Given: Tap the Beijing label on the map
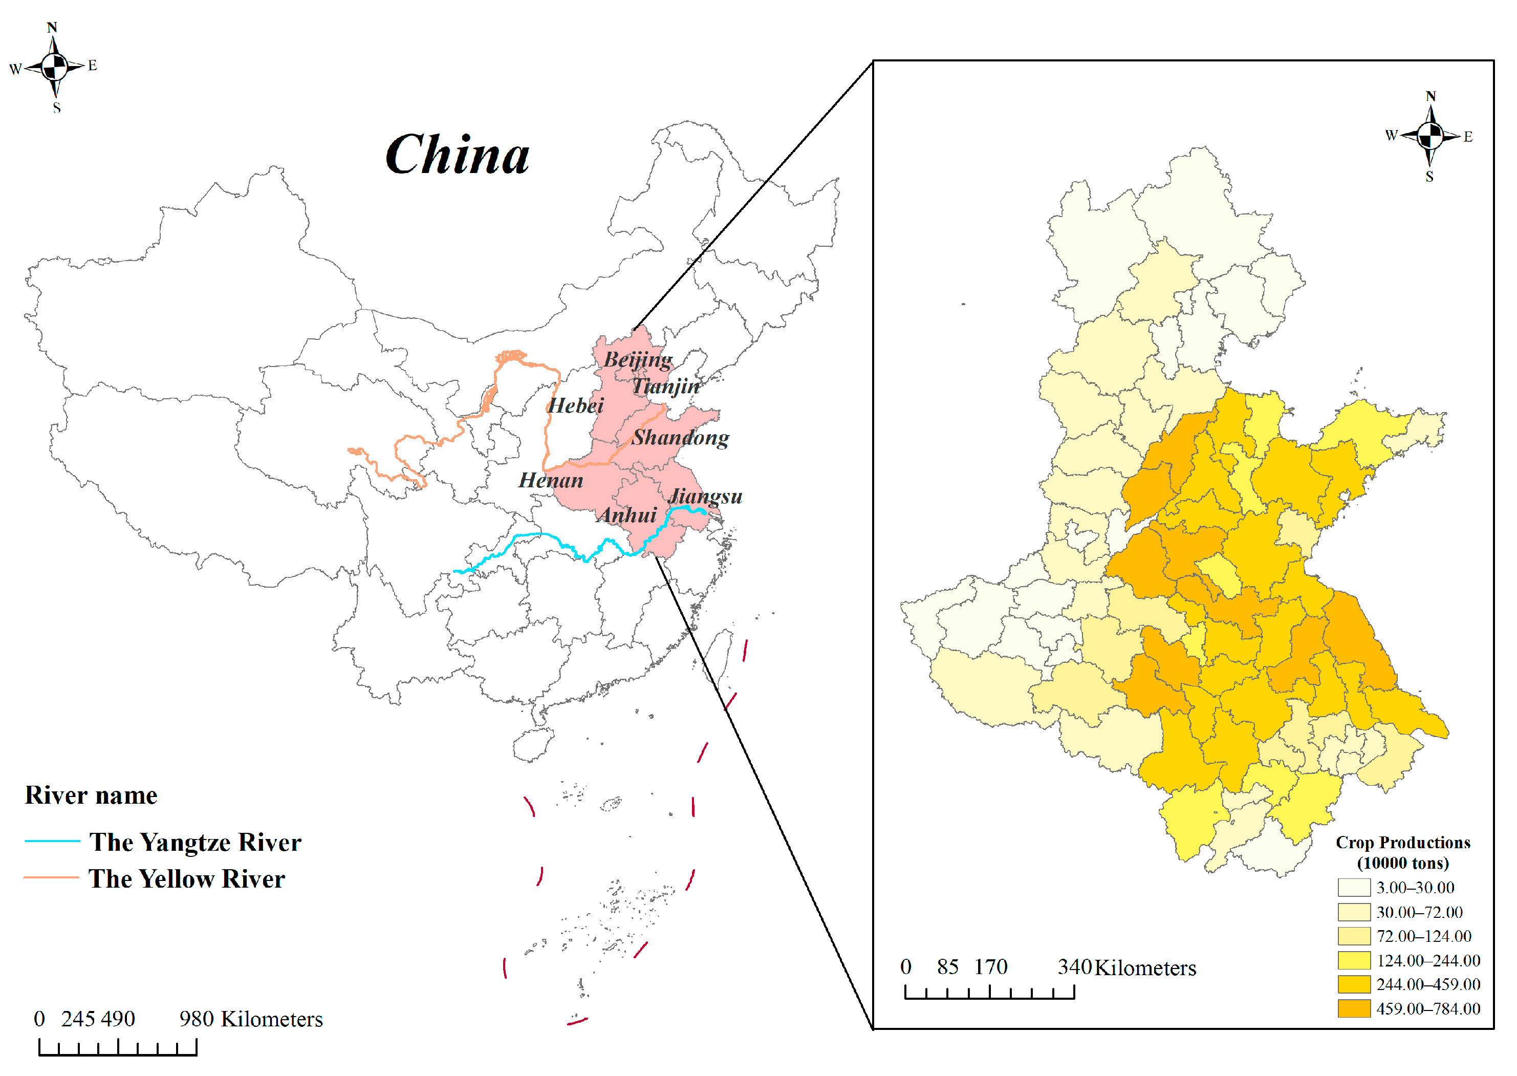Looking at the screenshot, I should [637, 360].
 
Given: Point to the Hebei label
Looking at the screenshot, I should [575, 405].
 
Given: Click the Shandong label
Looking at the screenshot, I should [680, 437].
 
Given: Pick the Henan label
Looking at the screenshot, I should [551, 480].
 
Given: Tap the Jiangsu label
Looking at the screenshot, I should [705, 496].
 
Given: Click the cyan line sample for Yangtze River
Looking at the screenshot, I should [52, 842].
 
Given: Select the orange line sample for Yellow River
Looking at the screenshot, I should [52, 878].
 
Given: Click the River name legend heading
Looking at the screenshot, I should [91, 795].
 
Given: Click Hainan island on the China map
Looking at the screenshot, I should [533, 745].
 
